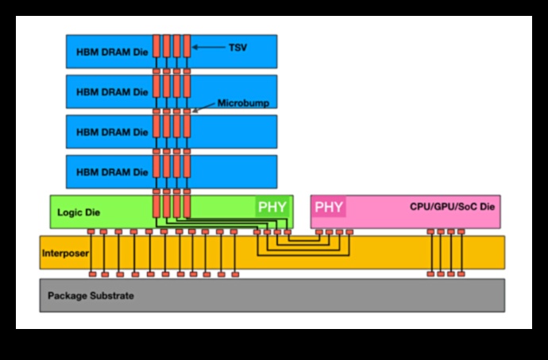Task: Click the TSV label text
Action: [237, 48]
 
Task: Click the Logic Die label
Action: [77, 213]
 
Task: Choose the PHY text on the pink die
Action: [329, 207]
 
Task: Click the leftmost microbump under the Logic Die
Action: [92, 232]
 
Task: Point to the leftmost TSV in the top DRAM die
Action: [157, 46]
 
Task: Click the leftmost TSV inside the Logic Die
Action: [157, 207]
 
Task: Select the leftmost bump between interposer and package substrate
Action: [92, 274]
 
